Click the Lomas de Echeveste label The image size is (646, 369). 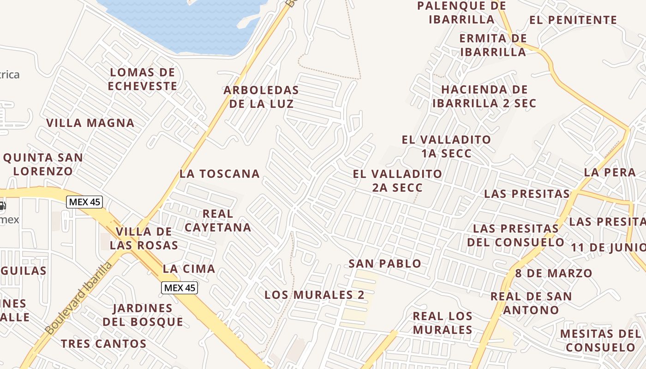[x=143, y=79]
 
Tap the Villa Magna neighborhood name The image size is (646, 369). [x=90, y=123]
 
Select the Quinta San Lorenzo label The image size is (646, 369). [x=43, y=164]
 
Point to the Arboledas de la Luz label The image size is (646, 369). [x=261, y=97]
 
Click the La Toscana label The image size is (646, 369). [x=220, y=174]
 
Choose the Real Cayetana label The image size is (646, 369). [x=218, y=220]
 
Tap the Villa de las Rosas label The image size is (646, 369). [x=144, y=238]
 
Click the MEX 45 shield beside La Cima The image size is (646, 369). [x=180, y=288]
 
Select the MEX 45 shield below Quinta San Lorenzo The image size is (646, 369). [x=84, y=202]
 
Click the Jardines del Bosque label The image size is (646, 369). [x=143, y=315]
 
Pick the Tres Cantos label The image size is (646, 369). [x=104, y=344]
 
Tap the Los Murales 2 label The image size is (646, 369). [x=314, y=295]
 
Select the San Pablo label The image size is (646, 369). [x=385, y=264]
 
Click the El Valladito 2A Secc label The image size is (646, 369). [x=397, y=181]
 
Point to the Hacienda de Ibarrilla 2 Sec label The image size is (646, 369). [x=484, y=96]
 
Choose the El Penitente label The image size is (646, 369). [x=573, y=20]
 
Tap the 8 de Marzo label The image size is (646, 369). [x=553, y=273]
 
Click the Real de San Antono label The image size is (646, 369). [x=531, y=303]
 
